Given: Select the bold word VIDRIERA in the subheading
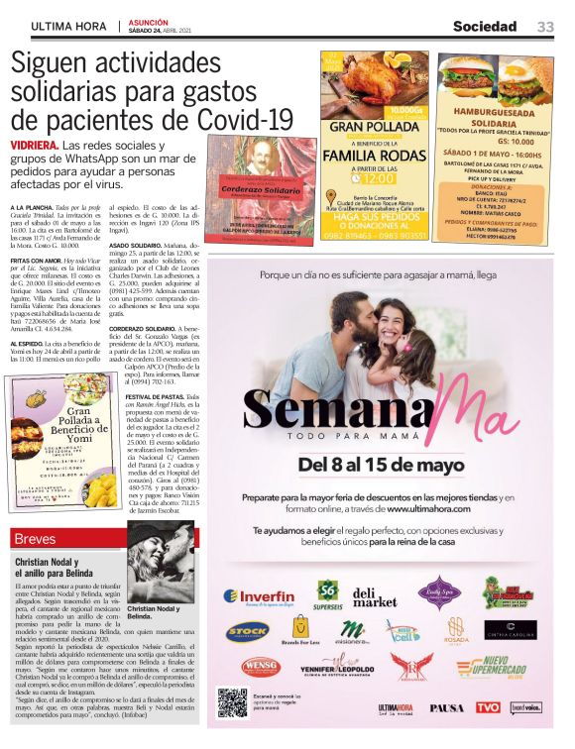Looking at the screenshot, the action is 33,145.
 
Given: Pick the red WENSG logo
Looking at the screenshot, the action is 261,667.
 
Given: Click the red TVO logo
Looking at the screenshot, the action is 488,706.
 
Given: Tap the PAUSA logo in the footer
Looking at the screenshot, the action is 447,706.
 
